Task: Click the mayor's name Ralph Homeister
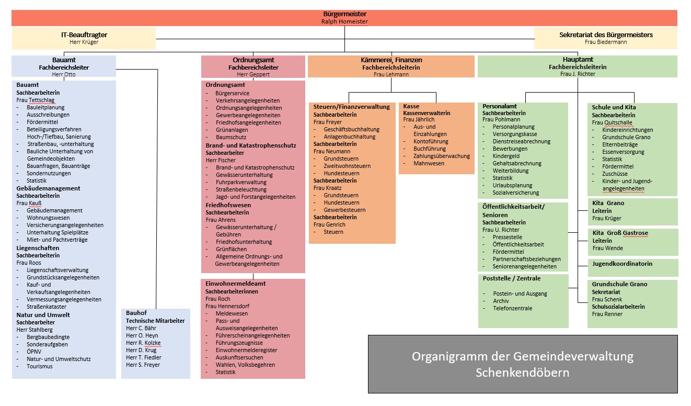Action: pos(344,21)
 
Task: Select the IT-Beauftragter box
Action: pos(84,38)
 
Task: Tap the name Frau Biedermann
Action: pos(605,42)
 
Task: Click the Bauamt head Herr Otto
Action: pos(64,74)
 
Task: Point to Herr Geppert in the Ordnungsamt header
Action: pos(253,75)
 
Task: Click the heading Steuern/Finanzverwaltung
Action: pos(351,107)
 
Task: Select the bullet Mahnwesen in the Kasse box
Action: pos(429,163)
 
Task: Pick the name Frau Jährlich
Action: pos(419,119)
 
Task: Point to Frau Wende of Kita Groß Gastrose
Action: pos(607,248)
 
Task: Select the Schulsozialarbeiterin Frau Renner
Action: pos(607,314)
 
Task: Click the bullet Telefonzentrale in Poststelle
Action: pos(512,308)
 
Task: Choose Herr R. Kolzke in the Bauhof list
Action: pos(143,343)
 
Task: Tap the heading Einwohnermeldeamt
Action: pos(235,284)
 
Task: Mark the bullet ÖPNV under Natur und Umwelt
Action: pos(35,352)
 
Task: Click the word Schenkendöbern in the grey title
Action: pos(522,373)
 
